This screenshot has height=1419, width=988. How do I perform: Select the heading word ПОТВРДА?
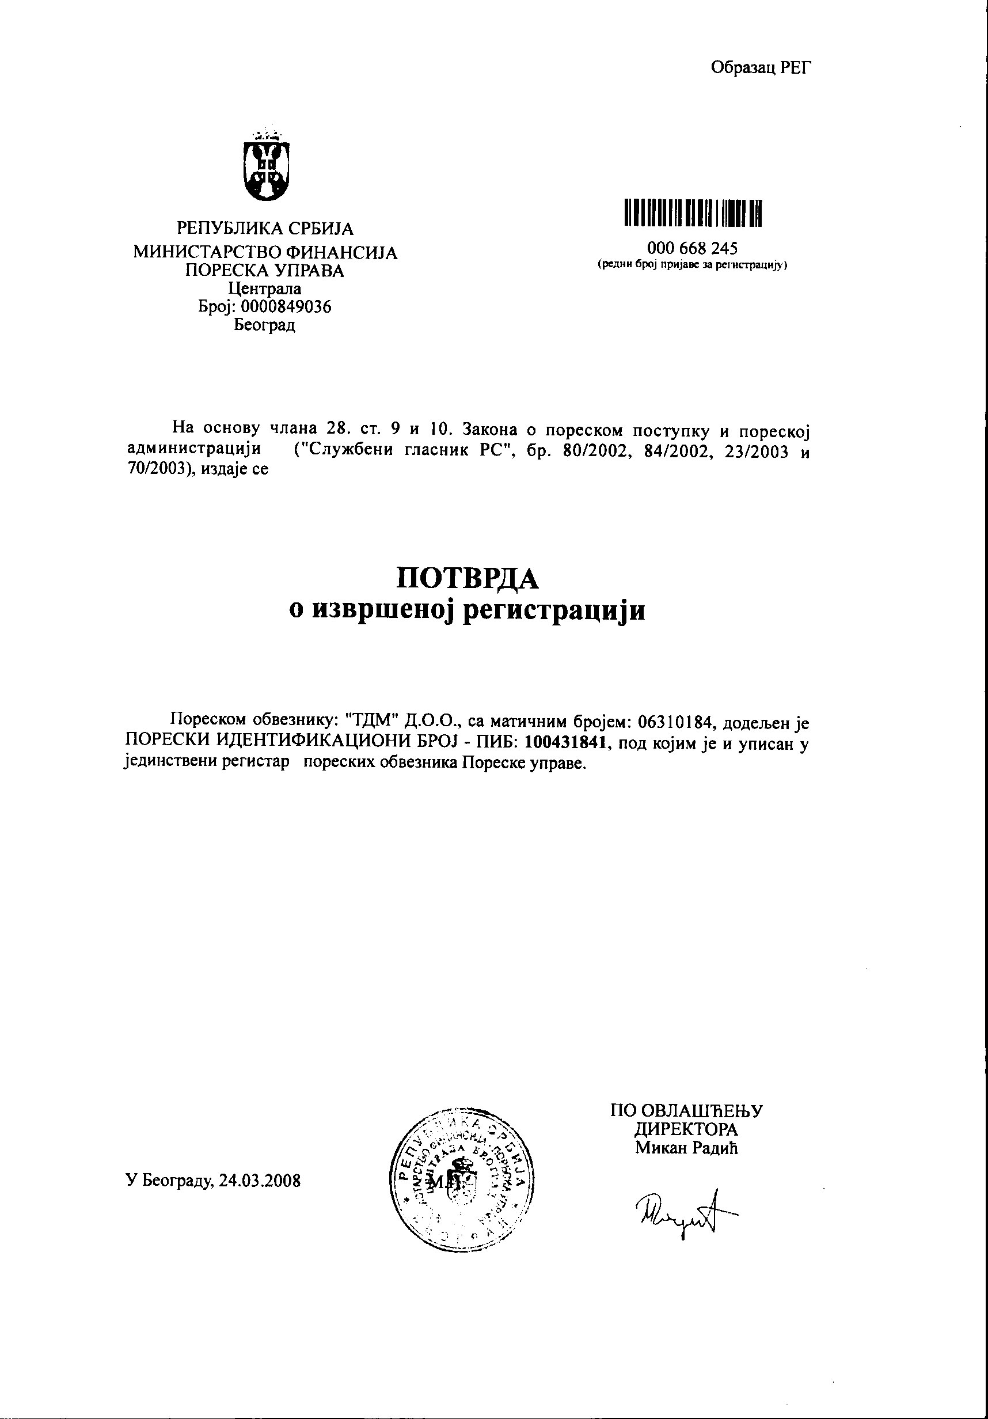(x=467, y=578)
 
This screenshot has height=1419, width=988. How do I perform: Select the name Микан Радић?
(x=686, y=1148)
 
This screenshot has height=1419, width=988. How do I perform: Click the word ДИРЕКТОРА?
(x=686, y=1129)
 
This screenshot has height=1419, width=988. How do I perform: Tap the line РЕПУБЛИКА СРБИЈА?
(x=265, y=229)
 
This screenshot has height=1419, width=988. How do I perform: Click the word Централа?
(x=265, y=289)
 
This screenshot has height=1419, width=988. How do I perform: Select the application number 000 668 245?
(x=692, y=248)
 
